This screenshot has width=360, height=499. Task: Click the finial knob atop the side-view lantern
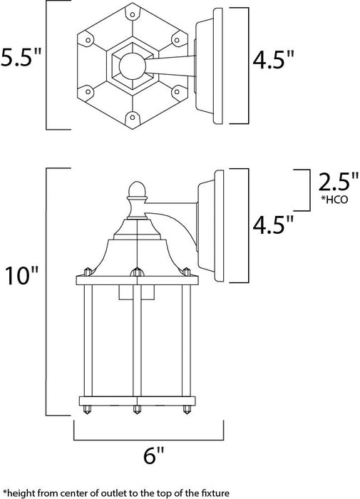coord(135,189)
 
